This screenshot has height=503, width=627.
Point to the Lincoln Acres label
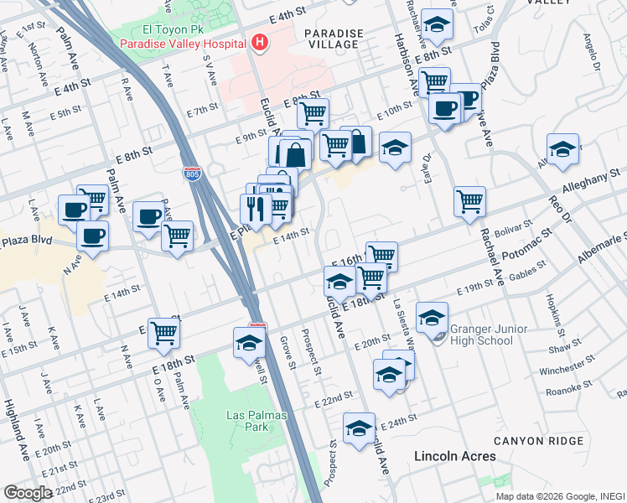tap(455, 456)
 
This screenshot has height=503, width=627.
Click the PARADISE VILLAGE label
tap(334, 40)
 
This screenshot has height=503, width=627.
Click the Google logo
tap(28, 493)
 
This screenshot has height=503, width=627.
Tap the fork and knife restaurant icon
tap(256, 210)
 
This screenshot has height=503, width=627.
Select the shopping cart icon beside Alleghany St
tap(470, 200)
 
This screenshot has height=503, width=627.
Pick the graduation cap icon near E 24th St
tap(359, 428)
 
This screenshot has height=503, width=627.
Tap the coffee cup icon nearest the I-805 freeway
tap(148, 215)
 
